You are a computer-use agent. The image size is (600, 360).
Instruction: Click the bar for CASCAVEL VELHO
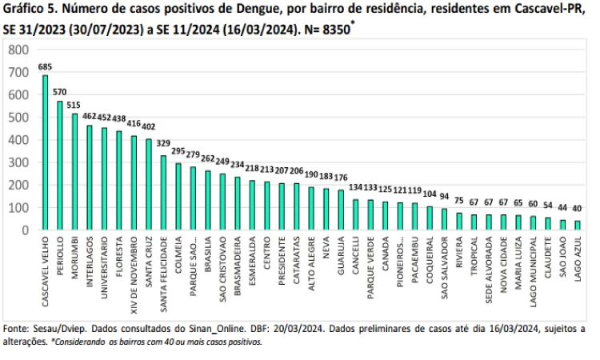45,152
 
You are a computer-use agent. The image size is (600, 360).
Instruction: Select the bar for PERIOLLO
59,166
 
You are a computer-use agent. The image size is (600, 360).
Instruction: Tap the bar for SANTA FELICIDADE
163,193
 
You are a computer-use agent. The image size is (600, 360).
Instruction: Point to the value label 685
45,67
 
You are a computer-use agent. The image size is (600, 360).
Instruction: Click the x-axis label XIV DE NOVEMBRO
134,273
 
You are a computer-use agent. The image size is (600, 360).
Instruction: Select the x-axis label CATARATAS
296,259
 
